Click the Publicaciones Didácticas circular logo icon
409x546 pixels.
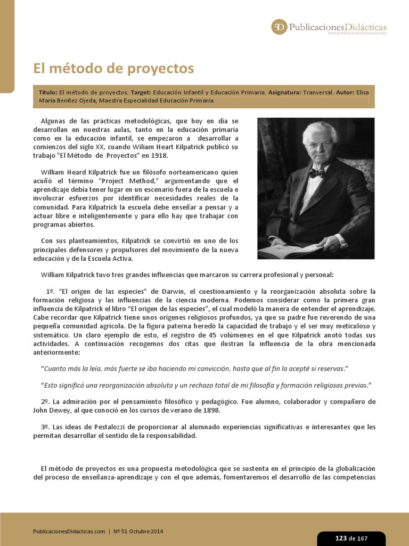point(279,27)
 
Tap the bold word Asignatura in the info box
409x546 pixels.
point(285,92)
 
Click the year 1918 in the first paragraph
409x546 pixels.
point(158,155)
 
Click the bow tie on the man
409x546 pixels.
point(317,173)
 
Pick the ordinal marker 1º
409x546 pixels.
point(51,291)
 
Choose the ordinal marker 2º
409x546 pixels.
point(45,402)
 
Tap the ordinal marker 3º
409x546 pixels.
point(45,427)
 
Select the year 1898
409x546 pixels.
point(208,411)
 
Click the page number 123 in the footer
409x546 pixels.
point(341,538)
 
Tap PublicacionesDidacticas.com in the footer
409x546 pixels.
point(69,532)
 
